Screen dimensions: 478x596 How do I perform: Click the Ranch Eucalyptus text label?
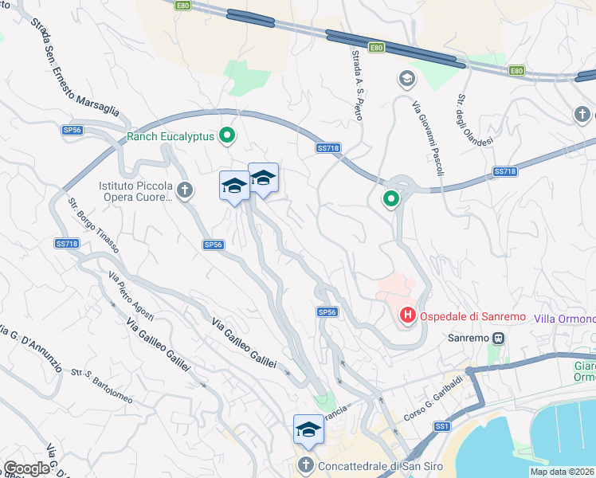[171, 136]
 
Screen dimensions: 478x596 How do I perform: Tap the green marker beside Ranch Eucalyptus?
[227, 136]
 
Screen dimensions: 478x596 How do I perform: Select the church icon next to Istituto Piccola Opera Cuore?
[185, 190]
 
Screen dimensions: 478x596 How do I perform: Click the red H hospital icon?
[407, 316]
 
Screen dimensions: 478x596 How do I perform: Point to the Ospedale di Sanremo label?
[472, 316]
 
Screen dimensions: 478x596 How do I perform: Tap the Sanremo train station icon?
[499, 338]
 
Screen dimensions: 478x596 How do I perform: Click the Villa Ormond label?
[564, 319]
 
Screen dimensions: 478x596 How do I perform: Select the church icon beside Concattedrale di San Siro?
[305, 465]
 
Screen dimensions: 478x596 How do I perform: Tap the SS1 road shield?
[442, 428]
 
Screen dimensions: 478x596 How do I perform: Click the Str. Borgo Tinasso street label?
[94, 225]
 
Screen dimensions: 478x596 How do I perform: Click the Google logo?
[27, 468]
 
